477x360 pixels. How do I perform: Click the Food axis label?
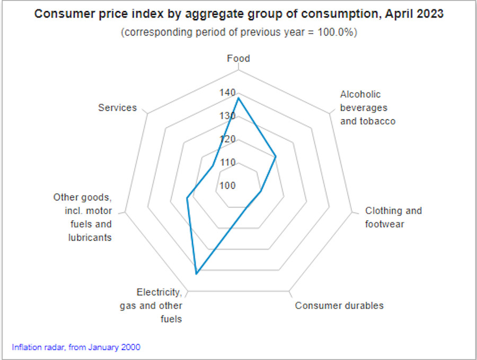click(x=238, y=58)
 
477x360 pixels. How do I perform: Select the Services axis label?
click(x=118, y=108)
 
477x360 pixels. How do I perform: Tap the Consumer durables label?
click(x=339, y=305)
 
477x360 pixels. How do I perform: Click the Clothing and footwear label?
click(x=393, y=217)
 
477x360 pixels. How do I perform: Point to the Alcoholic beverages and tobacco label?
click(x=368, y=108)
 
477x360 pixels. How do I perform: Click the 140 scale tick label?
click(x=228, y=93)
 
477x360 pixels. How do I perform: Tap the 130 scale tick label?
click(x=228, y=116)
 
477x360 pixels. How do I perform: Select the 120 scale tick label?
click(x=228, y=139)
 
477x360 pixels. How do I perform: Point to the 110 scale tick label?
click(x=228, y=162)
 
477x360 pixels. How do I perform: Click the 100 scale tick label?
click(x=228, y=186)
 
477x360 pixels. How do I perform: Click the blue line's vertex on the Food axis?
click(x=238, y=98)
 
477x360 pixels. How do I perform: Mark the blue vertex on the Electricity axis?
click(x=196, y=274)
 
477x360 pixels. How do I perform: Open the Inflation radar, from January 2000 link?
click(x=76, y=348)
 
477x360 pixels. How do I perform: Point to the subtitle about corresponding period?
click(x=238, y=32)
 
